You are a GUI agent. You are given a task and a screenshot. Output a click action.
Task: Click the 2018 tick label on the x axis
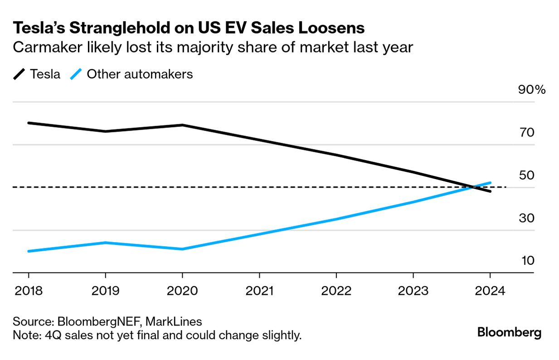tap(29, 291)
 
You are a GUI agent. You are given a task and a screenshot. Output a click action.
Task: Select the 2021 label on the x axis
tap(259, 291)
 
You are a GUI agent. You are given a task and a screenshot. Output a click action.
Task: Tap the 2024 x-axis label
tap(490, 291)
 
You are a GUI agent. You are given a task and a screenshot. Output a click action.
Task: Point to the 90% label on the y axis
tap(532, 90)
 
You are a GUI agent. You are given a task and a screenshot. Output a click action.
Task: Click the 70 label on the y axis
tap(527, 133)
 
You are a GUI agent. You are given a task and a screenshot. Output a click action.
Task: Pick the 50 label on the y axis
tap(527, 175)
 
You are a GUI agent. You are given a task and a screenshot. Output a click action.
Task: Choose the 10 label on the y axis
tap(527, 261)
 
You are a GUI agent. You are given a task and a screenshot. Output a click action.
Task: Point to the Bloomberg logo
tap(509, 332)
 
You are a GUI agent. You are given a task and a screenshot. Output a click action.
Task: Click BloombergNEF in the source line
tap(99, 322)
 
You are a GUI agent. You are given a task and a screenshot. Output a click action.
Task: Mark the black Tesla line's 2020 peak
tap(182, 125)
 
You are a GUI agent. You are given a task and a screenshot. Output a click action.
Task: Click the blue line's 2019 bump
tap(105, 243)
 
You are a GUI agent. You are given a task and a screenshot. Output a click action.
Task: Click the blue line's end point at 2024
tap(490, 183)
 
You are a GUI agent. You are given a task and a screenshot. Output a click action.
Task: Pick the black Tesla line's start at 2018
tap(29, 123)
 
